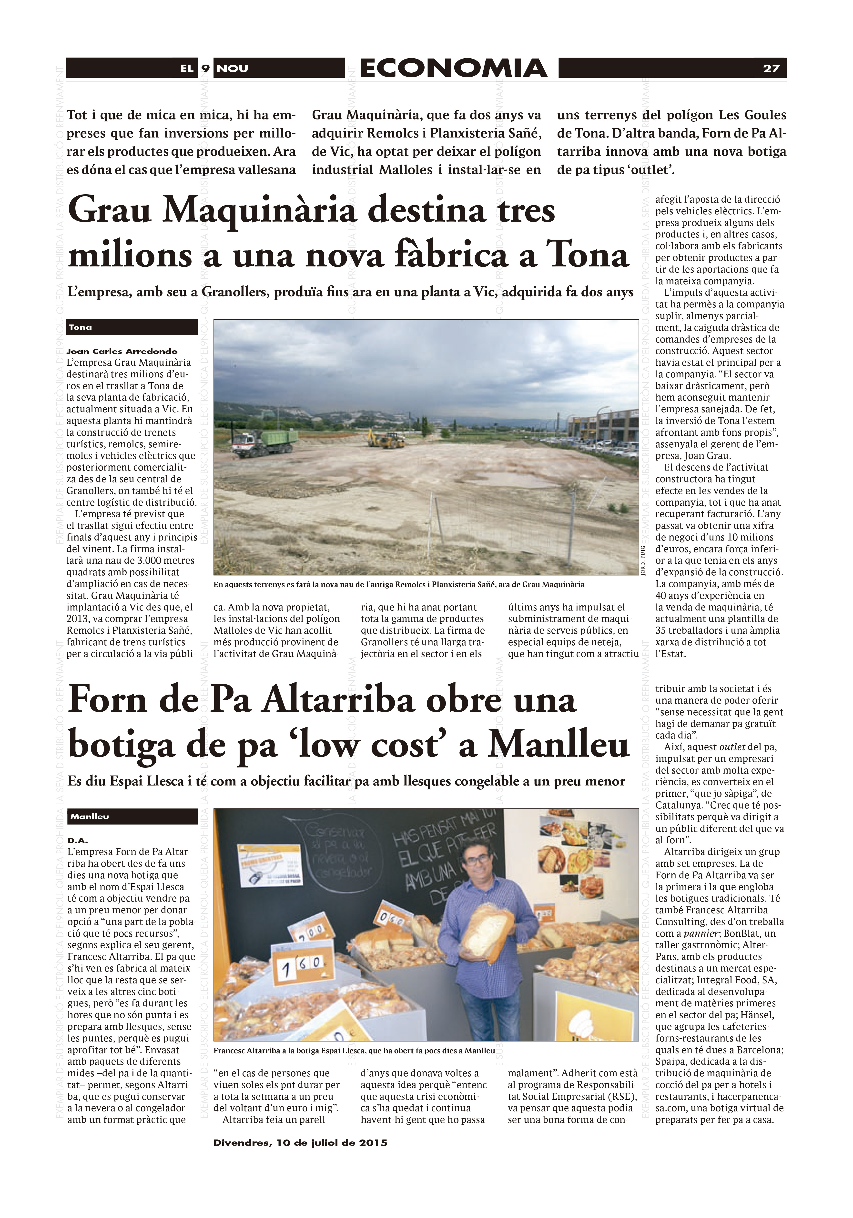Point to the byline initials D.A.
78,840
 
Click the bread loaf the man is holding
487,928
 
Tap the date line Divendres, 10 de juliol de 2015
300,1143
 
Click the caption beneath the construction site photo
399,585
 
